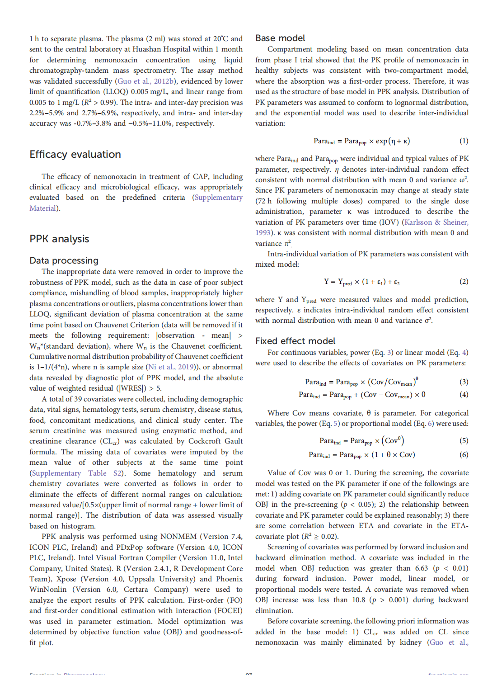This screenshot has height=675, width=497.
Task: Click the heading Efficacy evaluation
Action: pos(75,155)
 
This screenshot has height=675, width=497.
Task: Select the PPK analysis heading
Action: pos(59,239)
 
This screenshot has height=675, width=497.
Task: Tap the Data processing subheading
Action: pos(64,260)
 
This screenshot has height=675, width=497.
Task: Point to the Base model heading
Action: pos(280,38)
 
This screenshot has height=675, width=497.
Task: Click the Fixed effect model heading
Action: pos(295,341)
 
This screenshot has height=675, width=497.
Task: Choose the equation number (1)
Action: pos(464,141)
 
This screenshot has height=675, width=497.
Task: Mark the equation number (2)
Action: pos(464,282)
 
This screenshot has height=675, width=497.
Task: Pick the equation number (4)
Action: pos(464,395)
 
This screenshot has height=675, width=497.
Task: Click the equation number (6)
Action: pos(464,455)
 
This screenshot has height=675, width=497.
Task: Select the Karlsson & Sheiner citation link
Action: pos(436,222)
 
